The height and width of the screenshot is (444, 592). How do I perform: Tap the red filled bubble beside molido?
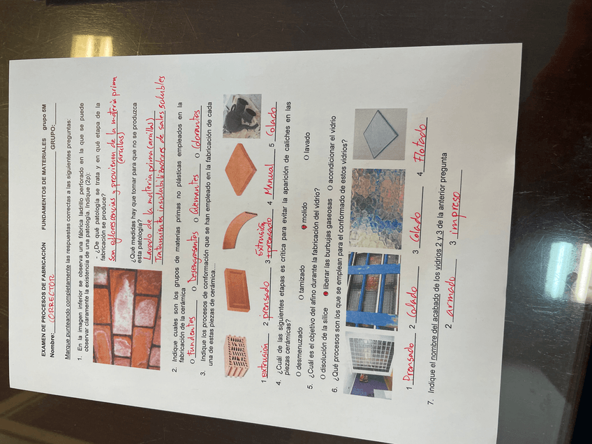[x=302, y=226]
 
